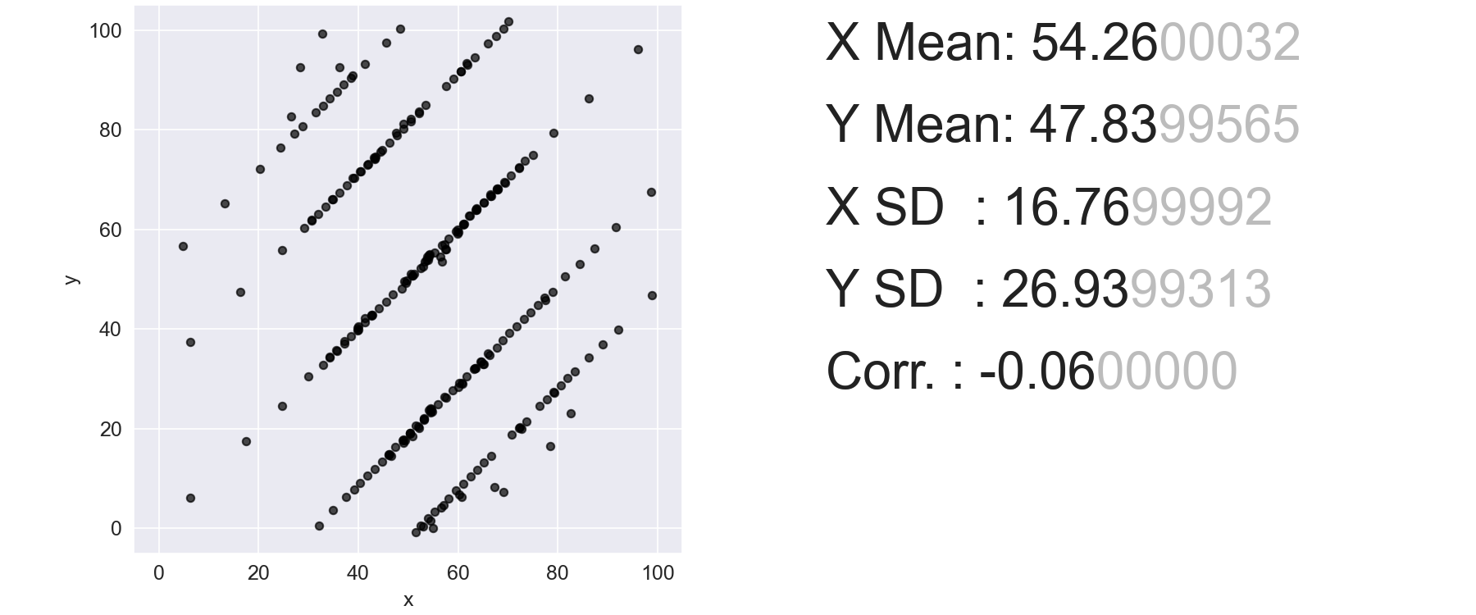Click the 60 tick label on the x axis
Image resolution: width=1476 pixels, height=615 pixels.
[x=458, y=573]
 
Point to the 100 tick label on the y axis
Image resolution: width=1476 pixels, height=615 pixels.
[x=105, y=31]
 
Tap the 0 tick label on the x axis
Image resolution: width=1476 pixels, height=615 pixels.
[x=159, y=573]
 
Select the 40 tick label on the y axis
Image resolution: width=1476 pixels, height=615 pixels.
[x=111, y=330]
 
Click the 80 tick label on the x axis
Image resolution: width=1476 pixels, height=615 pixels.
[x=558, y=573]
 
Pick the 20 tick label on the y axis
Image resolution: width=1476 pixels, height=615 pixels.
[x=111, y=430]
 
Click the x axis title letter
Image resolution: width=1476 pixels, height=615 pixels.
[x=408, y=600]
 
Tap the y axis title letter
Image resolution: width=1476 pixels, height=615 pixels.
[x=72, y=280]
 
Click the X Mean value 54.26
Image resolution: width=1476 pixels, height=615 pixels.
[x=1094, y=43]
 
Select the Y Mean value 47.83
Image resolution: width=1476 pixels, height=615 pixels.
[x=1093, y=125]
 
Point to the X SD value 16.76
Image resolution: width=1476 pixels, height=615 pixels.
[x=1067, y=207]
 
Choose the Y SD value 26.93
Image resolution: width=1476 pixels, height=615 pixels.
[x=1065, y=289]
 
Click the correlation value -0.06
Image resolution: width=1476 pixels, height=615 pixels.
[x=1037, y=371]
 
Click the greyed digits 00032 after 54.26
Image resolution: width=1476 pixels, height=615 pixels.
[x=1229, y=43]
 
